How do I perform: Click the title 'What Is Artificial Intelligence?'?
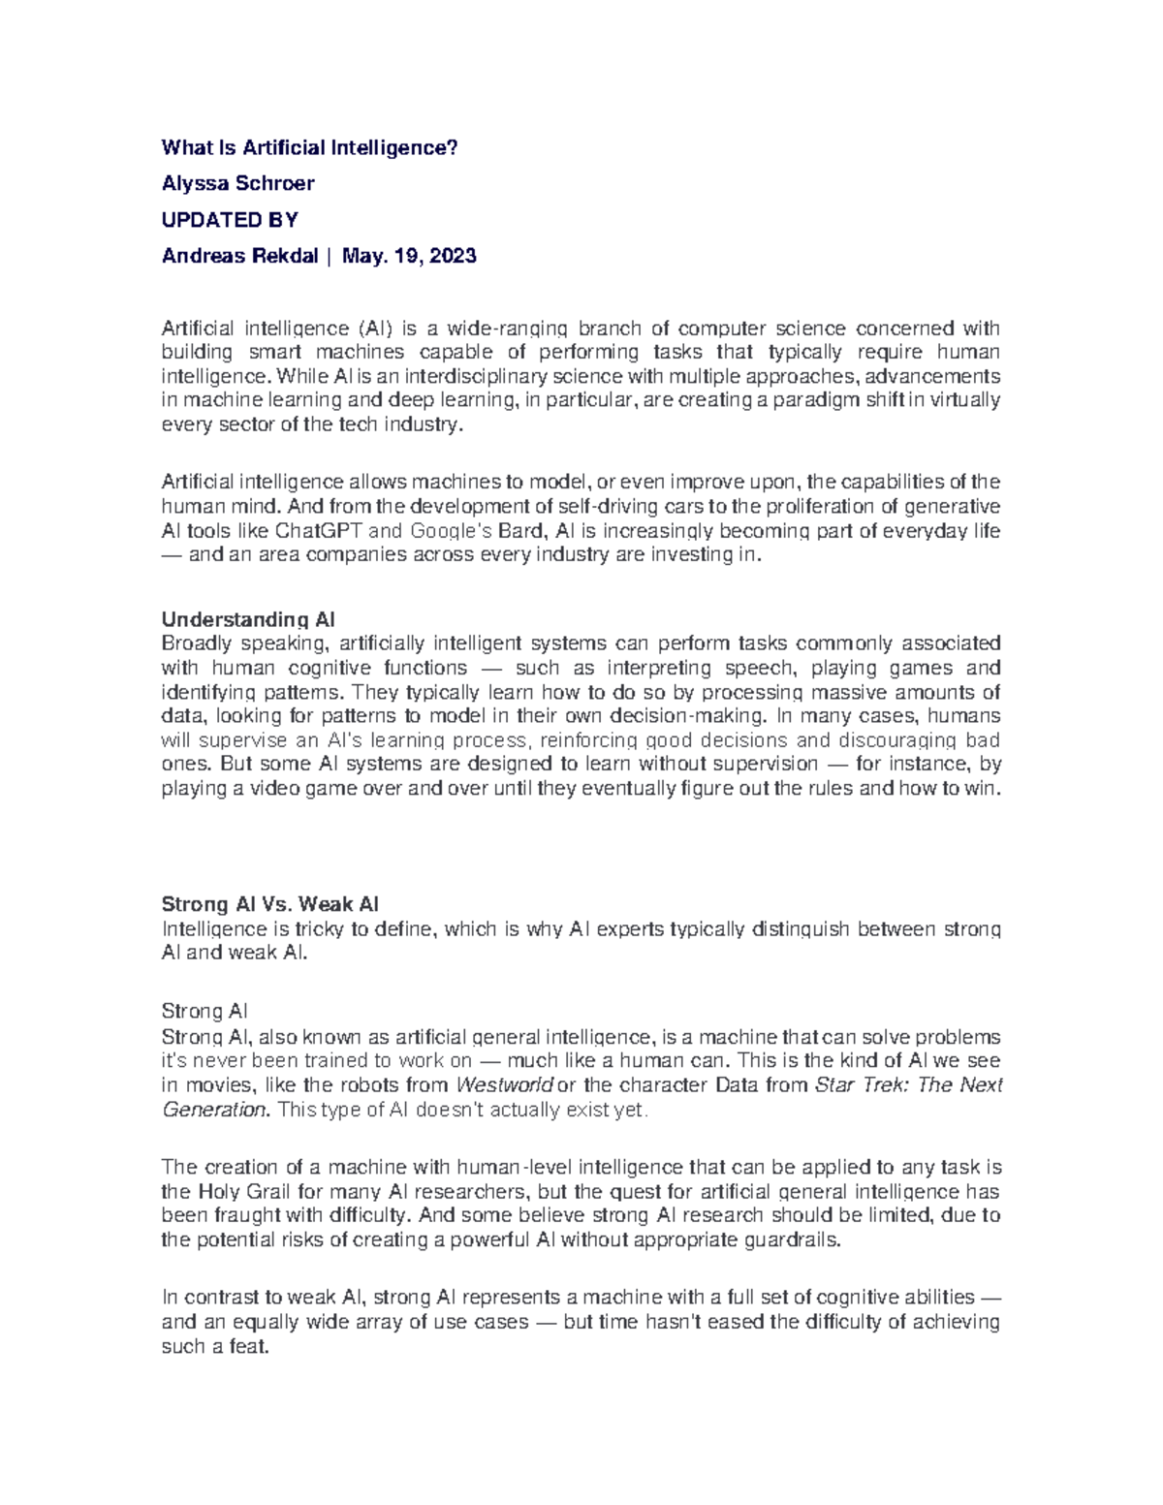[308, 147]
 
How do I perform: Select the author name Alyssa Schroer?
[237, 183]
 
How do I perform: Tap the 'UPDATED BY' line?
[230, 220]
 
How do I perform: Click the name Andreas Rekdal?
[239, 256]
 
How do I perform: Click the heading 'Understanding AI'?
[248, 619]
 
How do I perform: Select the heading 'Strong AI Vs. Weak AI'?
[269, 904]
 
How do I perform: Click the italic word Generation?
[214, 1110]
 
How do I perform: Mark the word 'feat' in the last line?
[249, 1346]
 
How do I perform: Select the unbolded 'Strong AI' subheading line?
[204, 1011]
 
